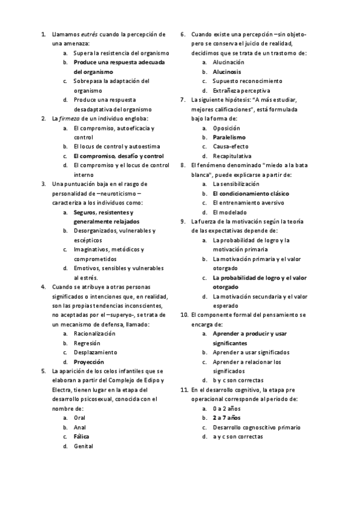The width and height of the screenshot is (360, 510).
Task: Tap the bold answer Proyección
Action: click(88, 361)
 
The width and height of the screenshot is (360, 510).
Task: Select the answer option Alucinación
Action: click(229, 62)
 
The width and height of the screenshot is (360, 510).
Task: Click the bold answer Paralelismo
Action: click(230, 137)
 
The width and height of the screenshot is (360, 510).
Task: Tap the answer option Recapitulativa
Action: click(233, 156)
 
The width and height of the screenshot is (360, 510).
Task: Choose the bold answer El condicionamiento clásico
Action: click(251, 194)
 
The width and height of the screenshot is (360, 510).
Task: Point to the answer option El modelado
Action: click(230, 212)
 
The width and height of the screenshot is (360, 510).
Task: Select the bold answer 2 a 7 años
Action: click(227, 417)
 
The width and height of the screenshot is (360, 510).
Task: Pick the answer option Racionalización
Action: click(94, 333)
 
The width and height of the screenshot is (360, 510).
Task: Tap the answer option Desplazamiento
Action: click(95, 352)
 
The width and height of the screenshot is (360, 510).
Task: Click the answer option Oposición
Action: click(227, 128)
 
